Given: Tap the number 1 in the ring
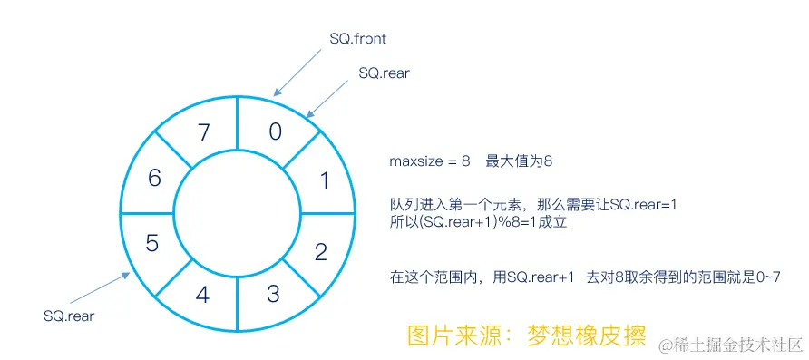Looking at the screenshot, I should coord(325,180).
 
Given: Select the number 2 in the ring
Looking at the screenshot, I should coord(320,251).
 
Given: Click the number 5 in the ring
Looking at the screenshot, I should coord(152,243).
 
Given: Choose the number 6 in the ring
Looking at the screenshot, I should coord(154,178).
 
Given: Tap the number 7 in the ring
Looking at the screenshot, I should coord(204,133).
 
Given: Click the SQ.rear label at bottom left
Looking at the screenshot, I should coord(69,316).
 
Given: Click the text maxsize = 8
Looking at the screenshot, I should coord(430,161).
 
